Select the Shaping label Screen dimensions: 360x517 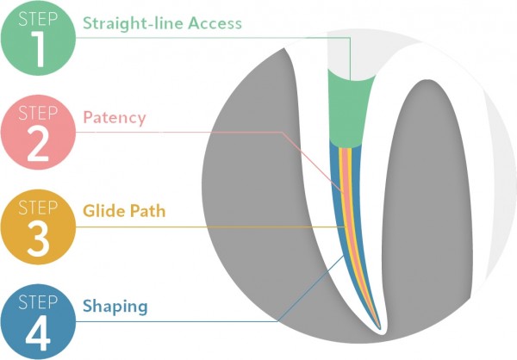(x=115, y=306)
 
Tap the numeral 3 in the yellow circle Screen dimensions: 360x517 (x=38, y=240)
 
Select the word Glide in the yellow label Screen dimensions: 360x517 (x=102, y=209)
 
